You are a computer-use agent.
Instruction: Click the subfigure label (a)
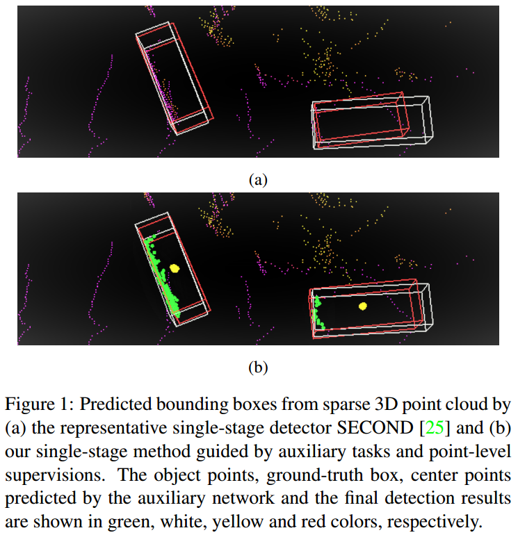(x=257, y=180)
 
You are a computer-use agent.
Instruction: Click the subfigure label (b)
(x=257, y=368)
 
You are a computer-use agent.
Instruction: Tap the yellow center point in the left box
(x=174, y=267)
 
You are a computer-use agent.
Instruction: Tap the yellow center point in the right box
(x=362, y=306)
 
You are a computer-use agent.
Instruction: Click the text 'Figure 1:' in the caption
(x=30, y=404)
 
